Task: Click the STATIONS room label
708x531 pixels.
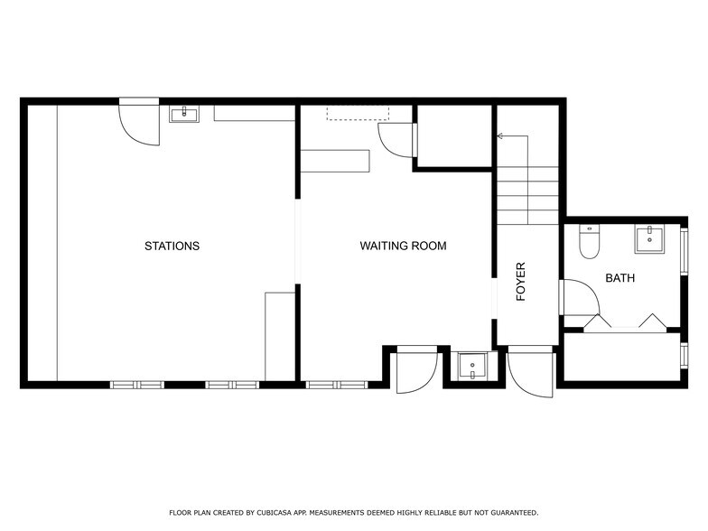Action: tap(172, 246)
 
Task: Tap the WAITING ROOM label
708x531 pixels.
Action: tap(403, 246)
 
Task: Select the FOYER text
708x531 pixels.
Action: tap(521, 282)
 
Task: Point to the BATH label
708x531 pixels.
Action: tap(619, 278)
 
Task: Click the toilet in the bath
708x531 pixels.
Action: tap(589, 242)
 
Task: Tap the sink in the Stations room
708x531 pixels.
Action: tap(184, 114)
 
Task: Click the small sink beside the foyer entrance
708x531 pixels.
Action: tap(471, 366)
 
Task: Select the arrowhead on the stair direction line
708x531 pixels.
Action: tap(500, 135)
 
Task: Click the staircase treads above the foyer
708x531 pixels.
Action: tap(528, 195)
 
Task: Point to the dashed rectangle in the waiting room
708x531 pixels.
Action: tap(358, 113)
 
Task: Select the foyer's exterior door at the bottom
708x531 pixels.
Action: tap(531, 372)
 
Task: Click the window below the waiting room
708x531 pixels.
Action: tap(338, 385)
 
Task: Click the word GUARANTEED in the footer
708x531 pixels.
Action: tap(515, 513)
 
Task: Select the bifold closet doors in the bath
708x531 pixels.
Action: tap(625, 323)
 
